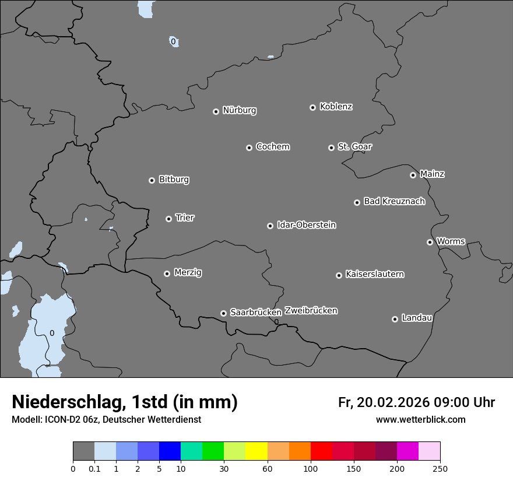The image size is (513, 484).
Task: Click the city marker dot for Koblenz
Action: pyautogui.click(x=312, y=107)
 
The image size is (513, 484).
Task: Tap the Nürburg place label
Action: pyautogui.click(x=239, y=110)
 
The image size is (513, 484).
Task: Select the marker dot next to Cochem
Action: pyautogui.click(x=249, y=148)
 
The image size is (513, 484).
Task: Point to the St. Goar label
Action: pyautogui.click(x=354, y=146)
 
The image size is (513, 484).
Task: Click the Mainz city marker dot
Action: pyautogui.click(x=413, y=175)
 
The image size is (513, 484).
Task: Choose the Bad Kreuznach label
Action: pyautogui.click(x=394, y=201)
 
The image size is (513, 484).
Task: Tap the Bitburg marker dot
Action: pyautogui.click(x=152, y=181)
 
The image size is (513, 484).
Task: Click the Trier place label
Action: pyautogui.click(x=185, y=218)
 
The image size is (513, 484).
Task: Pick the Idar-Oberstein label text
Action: pyautogui.click(x=306, y=225)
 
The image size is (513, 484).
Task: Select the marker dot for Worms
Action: pyautogui.click(x=430, y=242)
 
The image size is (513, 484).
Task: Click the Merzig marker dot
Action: pyautogui.click(x=167, y=273)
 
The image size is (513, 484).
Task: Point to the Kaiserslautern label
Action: pyautogui.click(x=374, y=274)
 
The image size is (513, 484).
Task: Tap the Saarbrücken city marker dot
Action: pyautogui.click(x=223, y=313)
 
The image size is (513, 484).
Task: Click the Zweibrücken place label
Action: pyautogui.click(x=311, y=310)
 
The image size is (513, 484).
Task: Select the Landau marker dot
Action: pyautogui.click(x=395, y=319)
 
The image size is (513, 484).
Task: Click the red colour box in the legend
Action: pyautogui.click(x=321, y=451)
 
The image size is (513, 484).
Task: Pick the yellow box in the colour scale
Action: pyautogui.click(x=256, y=451)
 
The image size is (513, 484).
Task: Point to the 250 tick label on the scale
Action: pyautogui.click(x=440, y=468)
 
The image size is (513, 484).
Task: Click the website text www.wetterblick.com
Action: pyautogui.click(x=420, y=419)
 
